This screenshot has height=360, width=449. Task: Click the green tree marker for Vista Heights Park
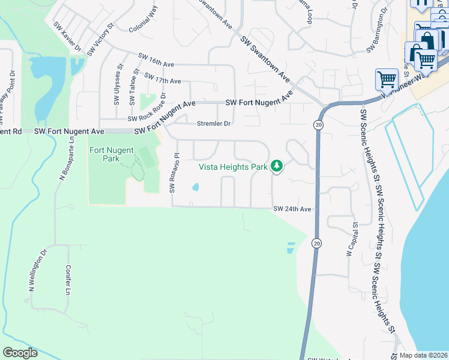click(277, 166)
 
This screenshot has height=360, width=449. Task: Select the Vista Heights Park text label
click(234, 167)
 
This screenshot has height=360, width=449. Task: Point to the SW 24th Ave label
click(293, 209)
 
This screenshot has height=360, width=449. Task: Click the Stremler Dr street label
click(214, 124)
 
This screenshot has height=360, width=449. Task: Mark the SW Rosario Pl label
click(174, 172)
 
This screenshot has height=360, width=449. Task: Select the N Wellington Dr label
click(37, 271)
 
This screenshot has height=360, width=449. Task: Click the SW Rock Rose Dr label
click(147, 104)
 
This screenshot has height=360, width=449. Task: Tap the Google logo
click(20, 353)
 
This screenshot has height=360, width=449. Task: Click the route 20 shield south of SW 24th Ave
click(316, 244)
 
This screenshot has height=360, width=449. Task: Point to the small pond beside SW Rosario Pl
click(196, 187)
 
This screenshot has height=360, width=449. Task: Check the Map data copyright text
click(424, 355)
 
